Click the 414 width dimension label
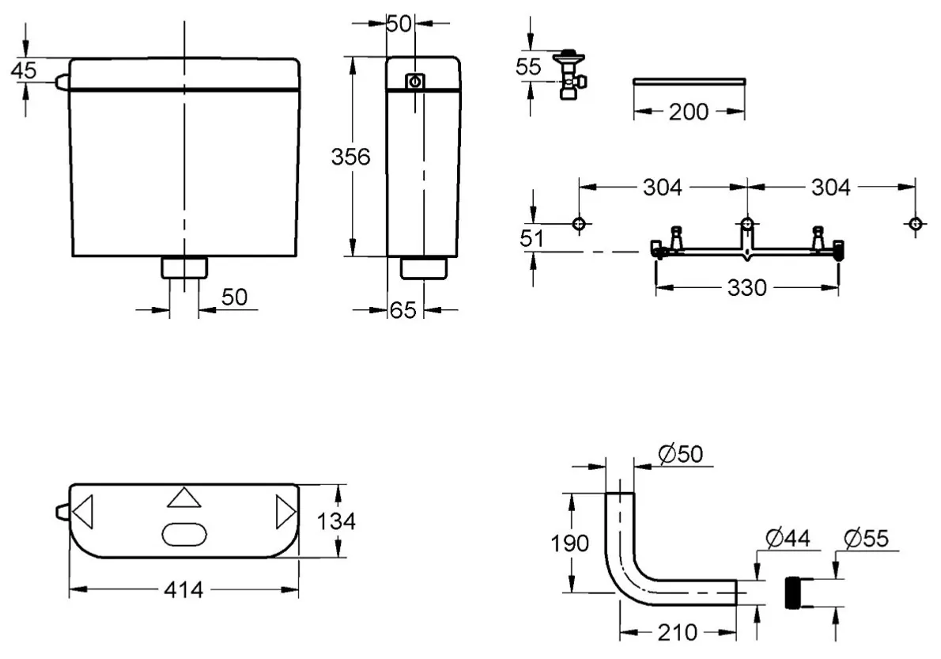(183, 589)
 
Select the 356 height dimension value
(350, 157)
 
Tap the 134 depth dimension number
(338, 521)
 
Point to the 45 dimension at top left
(24, 70)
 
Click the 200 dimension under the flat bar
(689, 112)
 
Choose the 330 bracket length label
(747, 288)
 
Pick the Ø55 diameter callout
(866, 539)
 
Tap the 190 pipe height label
(569, 543)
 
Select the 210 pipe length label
(678, 633)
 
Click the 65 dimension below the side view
(402, 311)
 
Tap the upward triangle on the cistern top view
(184, 498)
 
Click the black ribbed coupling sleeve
(794, 592)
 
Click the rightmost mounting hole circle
(915, 225)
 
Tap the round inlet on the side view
(415, 81)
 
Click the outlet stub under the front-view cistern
(185, 267)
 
